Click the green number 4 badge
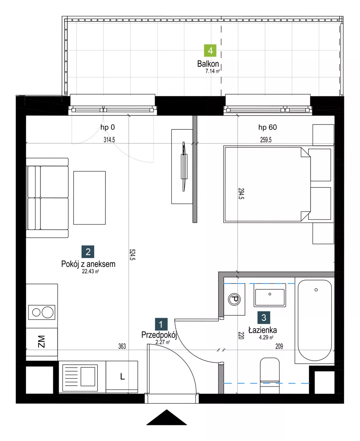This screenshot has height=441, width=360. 210,51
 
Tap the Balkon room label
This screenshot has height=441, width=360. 208,64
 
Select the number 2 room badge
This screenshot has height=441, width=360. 88,251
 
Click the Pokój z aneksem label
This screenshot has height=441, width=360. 88,264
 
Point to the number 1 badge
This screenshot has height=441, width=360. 161,324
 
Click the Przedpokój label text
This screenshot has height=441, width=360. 159,335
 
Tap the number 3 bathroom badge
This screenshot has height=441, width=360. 264,317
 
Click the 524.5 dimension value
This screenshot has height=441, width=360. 133,254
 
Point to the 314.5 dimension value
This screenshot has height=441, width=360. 109,140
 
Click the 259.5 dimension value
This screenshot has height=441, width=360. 266,140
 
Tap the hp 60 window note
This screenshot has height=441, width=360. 267,127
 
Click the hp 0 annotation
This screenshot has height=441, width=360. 107,127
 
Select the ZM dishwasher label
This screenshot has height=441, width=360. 41,341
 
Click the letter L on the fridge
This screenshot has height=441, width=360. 122,377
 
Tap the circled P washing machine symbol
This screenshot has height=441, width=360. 234,300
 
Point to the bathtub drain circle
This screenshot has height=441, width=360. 316,290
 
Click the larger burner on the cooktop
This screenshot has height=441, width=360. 47,312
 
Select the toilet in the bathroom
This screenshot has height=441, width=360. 270,375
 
